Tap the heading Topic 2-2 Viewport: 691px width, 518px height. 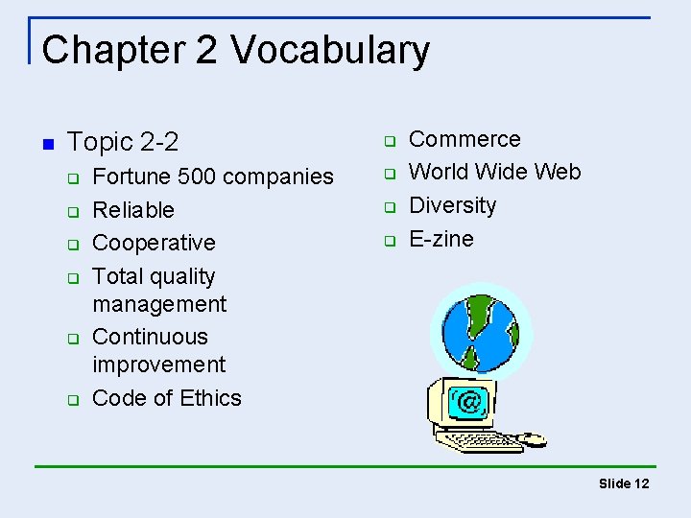(124, 143)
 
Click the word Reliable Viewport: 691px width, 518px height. (133, 210)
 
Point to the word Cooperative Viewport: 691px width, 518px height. (154, 243)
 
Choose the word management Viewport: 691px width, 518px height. (159, 304)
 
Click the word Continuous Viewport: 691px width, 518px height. (150, 337)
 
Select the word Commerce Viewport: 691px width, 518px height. (465, 139)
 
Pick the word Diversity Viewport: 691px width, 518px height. (453, 205)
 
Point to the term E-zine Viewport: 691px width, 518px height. (441, 238)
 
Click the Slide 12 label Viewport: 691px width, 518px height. (624, 483)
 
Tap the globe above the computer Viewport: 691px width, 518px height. (481, 329)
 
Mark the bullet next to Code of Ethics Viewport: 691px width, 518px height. (72, 400)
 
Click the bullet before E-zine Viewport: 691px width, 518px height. (391, 240)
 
